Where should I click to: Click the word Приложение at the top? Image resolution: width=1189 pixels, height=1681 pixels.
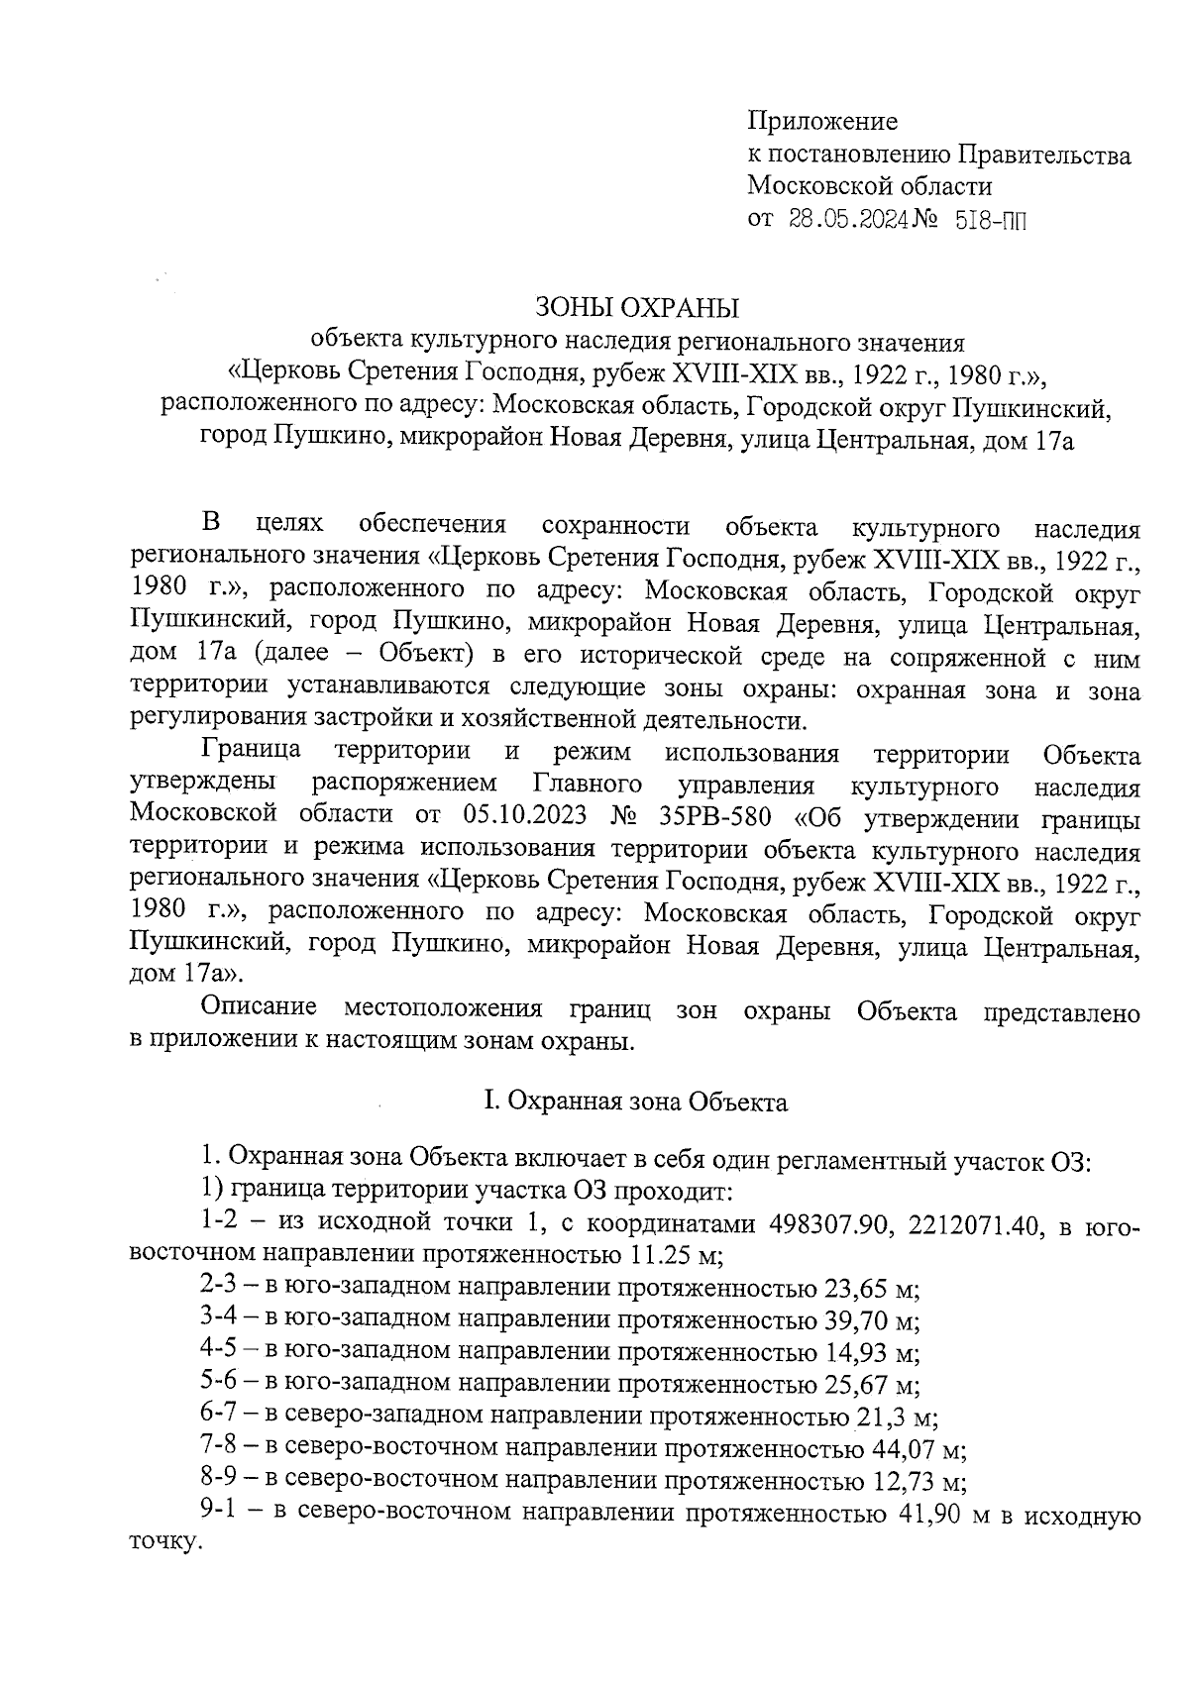pos(821,122)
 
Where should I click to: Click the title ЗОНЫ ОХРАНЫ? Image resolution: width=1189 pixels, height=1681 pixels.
pos(638,307)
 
